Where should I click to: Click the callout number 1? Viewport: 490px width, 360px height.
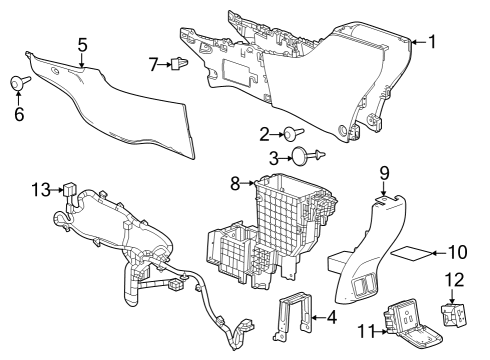[432, 42]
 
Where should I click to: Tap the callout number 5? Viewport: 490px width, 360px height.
[82, 45]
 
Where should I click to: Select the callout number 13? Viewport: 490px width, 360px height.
[41, 190]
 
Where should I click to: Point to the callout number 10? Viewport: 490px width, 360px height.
[458, 253]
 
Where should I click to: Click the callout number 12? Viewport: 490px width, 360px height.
[455, 280]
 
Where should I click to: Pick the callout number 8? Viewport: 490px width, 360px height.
[235, 183]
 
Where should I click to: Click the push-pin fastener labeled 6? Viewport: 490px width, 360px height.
[19, 82]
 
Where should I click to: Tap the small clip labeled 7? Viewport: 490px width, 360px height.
[179, 63]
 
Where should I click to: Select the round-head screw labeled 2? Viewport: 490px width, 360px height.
[293, 134]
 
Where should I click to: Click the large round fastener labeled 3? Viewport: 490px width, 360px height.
[306, 155]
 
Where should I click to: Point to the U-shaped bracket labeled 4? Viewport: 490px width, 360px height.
[292, 316]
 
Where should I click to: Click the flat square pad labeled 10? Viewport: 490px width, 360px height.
[412, 253]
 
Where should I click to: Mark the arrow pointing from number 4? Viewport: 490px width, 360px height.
[318, 318]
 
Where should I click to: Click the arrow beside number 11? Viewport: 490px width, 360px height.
[380, 331]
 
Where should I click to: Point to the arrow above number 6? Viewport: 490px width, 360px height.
[18, 98]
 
